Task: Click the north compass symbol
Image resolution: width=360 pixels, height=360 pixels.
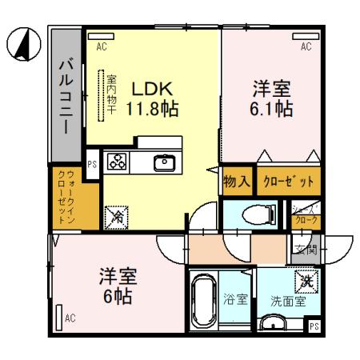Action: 25,43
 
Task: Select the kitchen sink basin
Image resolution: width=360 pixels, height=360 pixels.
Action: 164,163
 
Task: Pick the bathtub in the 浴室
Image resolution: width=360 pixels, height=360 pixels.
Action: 206,304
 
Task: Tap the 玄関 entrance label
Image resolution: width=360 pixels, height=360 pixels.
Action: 308,250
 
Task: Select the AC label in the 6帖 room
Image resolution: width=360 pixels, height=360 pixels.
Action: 70,318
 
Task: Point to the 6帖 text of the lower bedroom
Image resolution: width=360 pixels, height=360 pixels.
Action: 117,297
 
